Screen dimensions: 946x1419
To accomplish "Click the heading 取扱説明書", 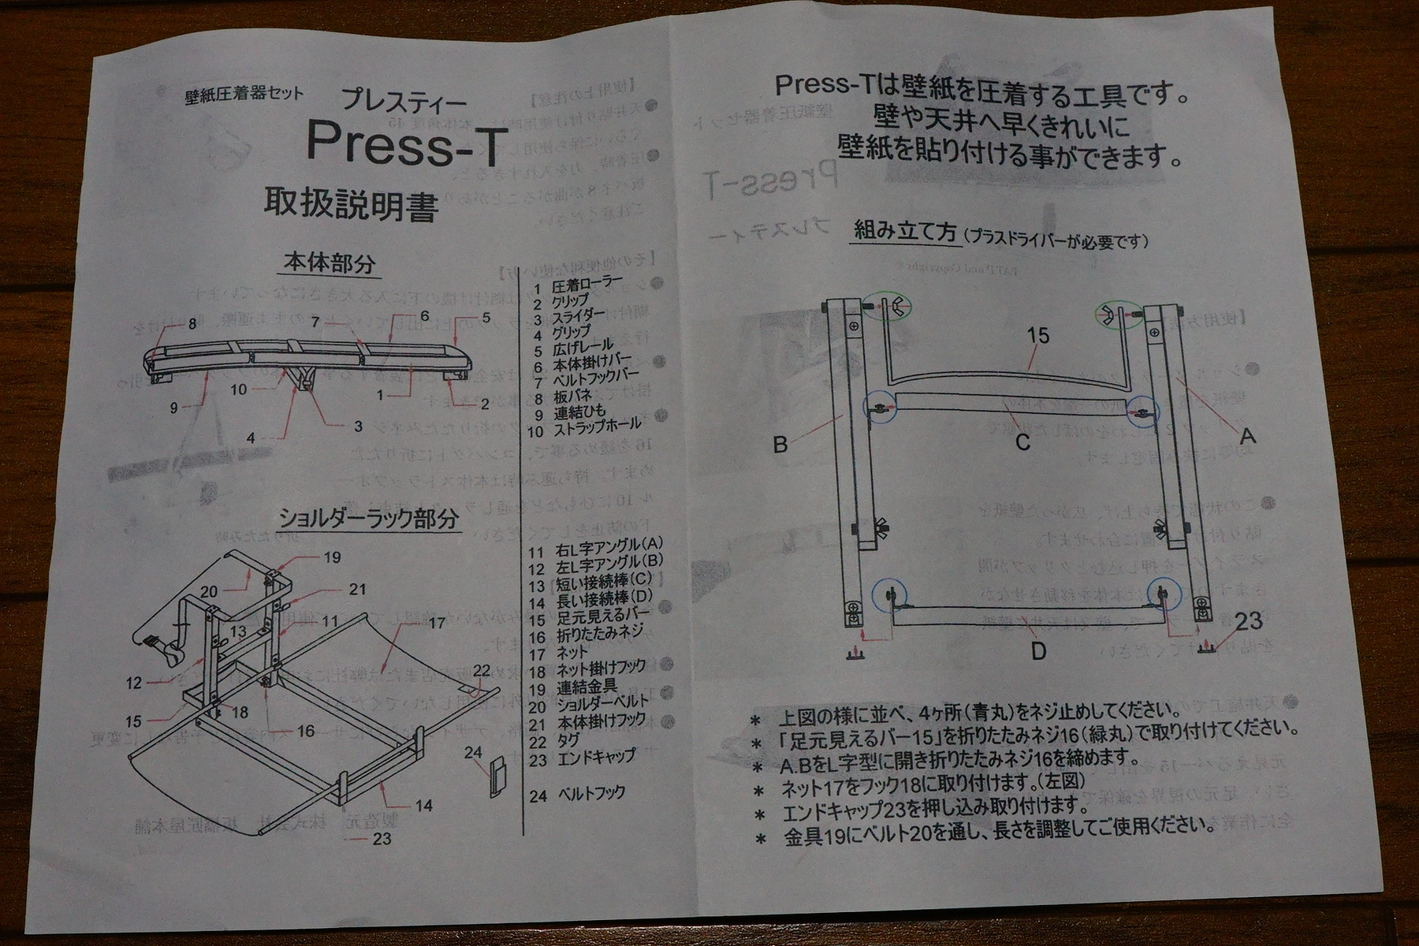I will tap(352, 207).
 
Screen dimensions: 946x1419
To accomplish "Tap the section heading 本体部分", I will tap(330, 263).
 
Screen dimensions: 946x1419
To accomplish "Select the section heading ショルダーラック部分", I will tap(368, 519).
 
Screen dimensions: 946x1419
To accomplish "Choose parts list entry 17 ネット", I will tap(559, 653).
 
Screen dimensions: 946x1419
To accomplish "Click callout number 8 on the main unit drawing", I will tap(192, 323).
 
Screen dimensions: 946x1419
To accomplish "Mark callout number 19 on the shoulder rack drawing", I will tap(332, 557).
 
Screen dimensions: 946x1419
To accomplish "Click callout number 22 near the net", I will tap(482, 670).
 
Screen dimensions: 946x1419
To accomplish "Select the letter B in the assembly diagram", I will tap(780, 445).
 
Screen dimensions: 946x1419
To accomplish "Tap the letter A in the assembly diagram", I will tap(1248, 434).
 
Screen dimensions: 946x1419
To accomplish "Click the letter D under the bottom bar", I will tap(1039, 651).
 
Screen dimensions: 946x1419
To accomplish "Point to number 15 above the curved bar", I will tap(1039, 336).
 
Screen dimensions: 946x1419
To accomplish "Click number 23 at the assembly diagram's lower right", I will tap(1248, 622).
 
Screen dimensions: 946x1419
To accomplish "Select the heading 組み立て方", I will tap(906, 231).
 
